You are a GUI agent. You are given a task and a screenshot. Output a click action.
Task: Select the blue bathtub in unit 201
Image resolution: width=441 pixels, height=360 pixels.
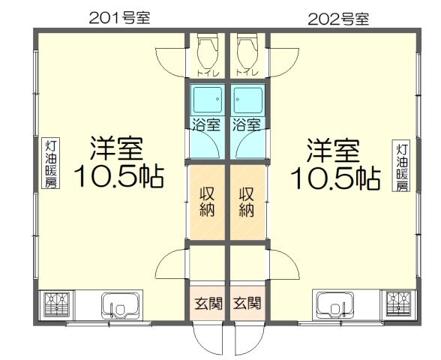(x=206, y=100)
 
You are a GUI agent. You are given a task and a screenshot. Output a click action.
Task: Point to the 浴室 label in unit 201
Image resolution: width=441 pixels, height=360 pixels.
(x=206, y=124)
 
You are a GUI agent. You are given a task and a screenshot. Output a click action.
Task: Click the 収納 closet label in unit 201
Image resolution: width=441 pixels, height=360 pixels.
(x=206, y=201)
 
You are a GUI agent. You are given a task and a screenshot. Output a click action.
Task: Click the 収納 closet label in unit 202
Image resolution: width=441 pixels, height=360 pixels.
(x=247, y=201)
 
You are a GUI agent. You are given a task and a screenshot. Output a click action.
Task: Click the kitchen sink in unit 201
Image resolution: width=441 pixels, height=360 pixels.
(x=119, y=307)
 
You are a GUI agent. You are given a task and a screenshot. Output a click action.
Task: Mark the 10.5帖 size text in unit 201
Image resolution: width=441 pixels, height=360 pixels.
(x=118, y=178)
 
